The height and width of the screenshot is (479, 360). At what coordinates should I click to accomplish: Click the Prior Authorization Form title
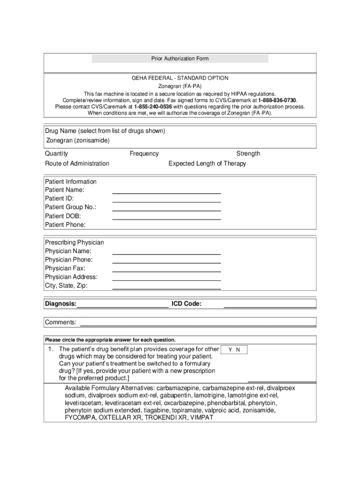click(180, 58)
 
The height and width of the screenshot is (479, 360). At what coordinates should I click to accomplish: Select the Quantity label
click(56, 153)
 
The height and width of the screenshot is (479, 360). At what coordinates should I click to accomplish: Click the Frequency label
click(144, 153)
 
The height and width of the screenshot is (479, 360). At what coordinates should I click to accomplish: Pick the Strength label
click(248, 153)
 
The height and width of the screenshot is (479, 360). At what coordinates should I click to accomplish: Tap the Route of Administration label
click(77, 163)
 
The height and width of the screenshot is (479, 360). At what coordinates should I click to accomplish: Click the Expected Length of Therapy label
click(207, 163)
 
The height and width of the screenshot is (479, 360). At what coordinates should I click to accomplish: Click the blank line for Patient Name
click(166, 192)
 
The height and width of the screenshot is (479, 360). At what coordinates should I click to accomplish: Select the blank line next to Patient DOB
click(166, 218)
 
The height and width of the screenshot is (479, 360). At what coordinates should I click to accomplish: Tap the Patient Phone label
click(65, 225)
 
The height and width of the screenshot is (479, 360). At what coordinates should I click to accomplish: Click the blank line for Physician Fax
click(166, 270)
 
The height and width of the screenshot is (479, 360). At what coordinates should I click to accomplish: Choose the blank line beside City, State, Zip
click(166, 287)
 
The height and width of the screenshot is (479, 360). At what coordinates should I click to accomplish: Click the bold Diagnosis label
click(61, 304)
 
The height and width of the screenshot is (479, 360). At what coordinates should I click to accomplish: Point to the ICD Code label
click(187, 304)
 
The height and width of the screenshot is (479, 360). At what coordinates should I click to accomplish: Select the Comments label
click(61, 322)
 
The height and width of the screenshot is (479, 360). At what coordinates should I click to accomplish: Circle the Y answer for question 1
click(230, 349)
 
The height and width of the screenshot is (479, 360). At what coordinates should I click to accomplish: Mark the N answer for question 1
click(238, 349)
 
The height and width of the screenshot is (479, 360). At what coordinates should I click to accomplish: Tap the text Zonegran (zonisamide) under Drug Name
click(78, 140)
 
